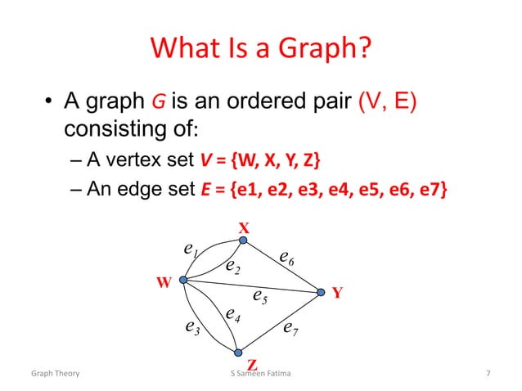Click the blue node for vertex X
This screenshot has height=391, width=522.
[243, 240]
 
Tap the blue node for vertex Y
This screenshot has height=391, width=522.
[320, 291]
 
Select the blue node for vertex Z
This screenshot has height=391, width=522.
[237, 353]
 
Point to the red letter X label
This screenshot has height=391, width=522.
[243, 227]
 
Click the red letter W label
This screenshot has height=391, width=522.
[164, 283]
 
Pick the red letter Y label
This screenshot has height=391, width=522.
[336, 292]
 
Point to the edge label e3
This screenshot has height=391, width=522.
[192, 328]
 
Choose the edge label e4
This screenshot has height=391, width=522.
[233, 314]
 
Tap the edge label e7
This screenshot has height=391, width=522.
[290, 329]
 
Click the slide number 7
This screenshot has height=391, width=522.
[488, 375]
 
